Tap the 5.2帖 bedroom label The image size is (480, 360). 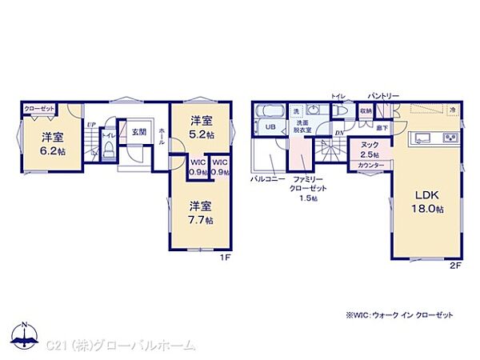tap(202, 127)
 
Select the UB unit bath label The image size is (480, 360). tap(270, 128)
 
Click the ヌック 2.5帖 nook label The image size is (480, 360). tap(369, 149)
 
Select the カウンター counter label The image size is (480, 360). tap(370, 165)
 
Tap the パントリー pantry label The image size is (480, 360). tap(384, 95)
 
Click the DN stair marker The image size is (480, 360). tap(338, 134)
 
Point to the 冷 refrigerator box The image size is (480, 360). tap(451, 110)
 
